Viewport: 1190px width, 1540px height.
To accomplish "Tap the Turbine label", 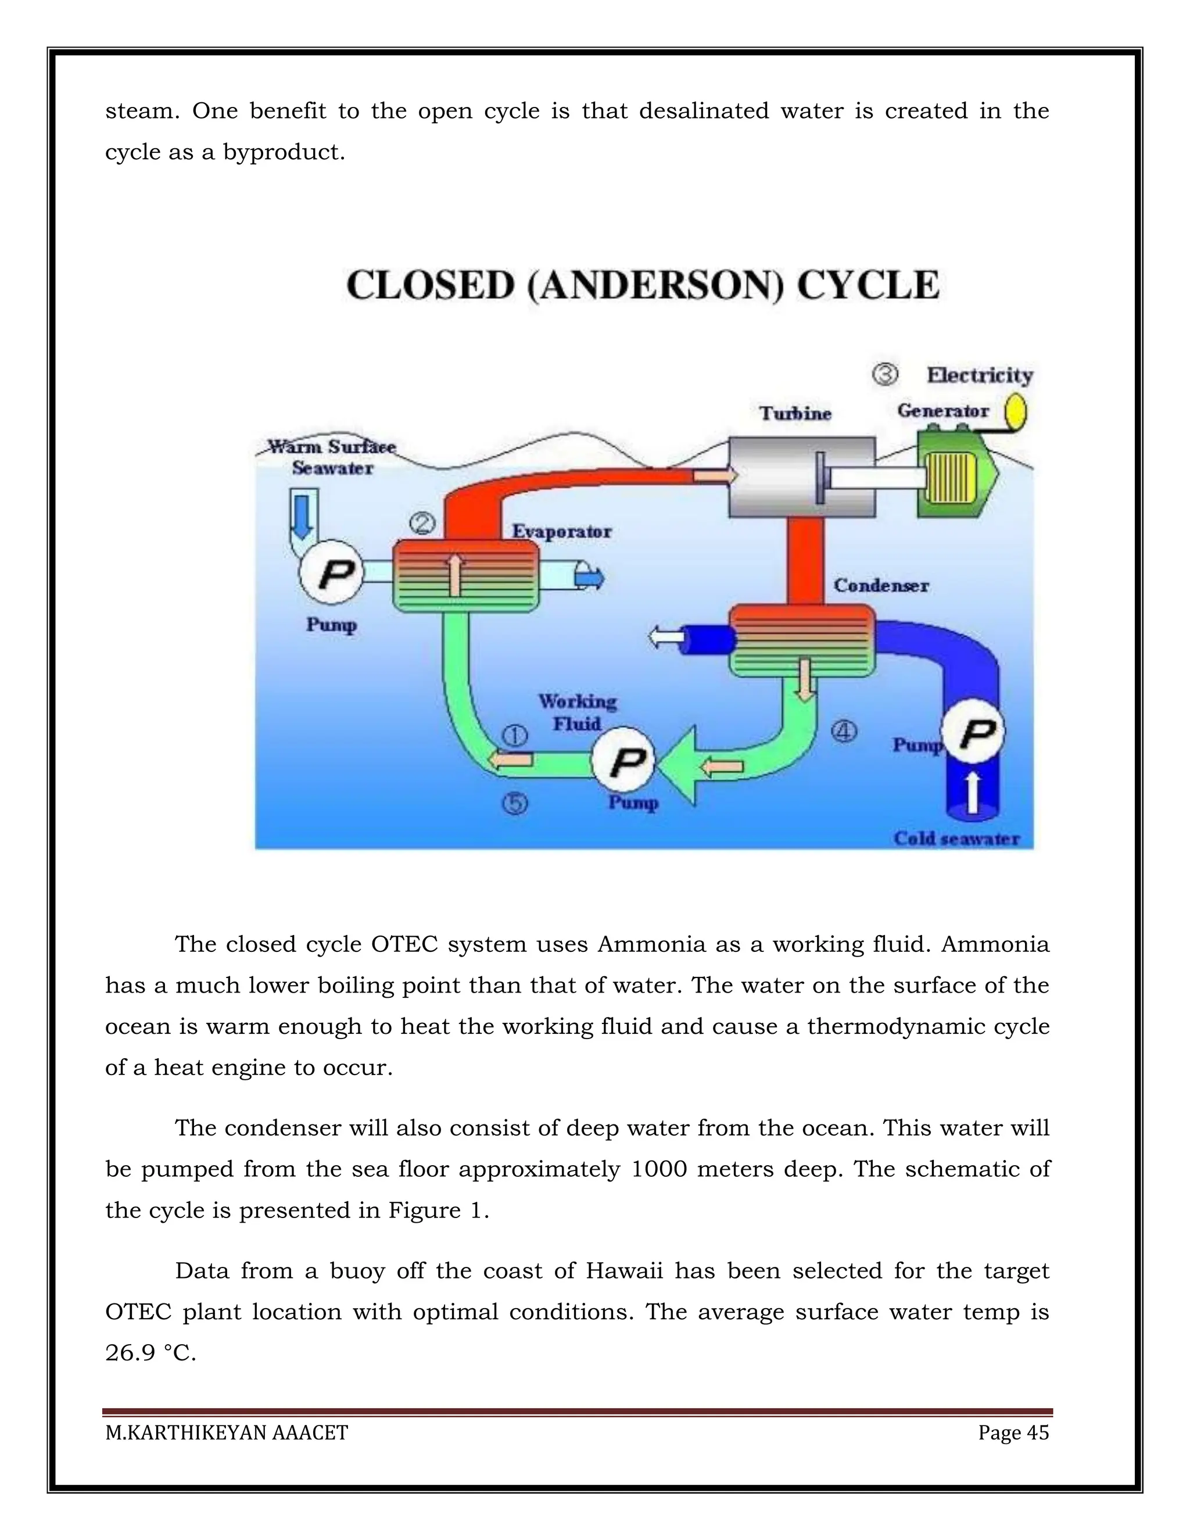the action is tap(795, 413).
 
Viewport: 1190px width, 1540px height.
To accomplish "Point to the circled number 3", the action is tap(885, 374).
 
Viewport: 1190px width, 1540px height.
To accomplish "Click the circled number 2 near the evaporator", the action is tap(422, 523).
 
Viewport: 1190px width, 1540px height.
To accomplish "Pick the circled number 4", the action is tap(843, 731).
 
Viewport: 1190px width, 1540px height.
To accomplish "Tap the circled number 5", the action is tap(515, 803).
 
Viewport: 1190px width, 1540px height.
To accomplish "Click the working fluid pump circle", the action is tap(623, 760).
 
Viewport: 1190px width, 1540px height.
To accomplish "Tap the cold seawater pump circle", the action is tap(973, 733).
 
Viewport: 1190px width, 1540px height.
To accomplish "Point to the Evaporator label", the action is tap(561, 531).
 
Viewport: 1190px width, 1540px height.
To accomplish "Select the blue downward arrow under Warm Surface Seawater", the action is tap(302, 517).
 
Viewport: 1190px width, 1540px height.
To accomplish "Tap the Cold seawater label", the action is tap(956, 839).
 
